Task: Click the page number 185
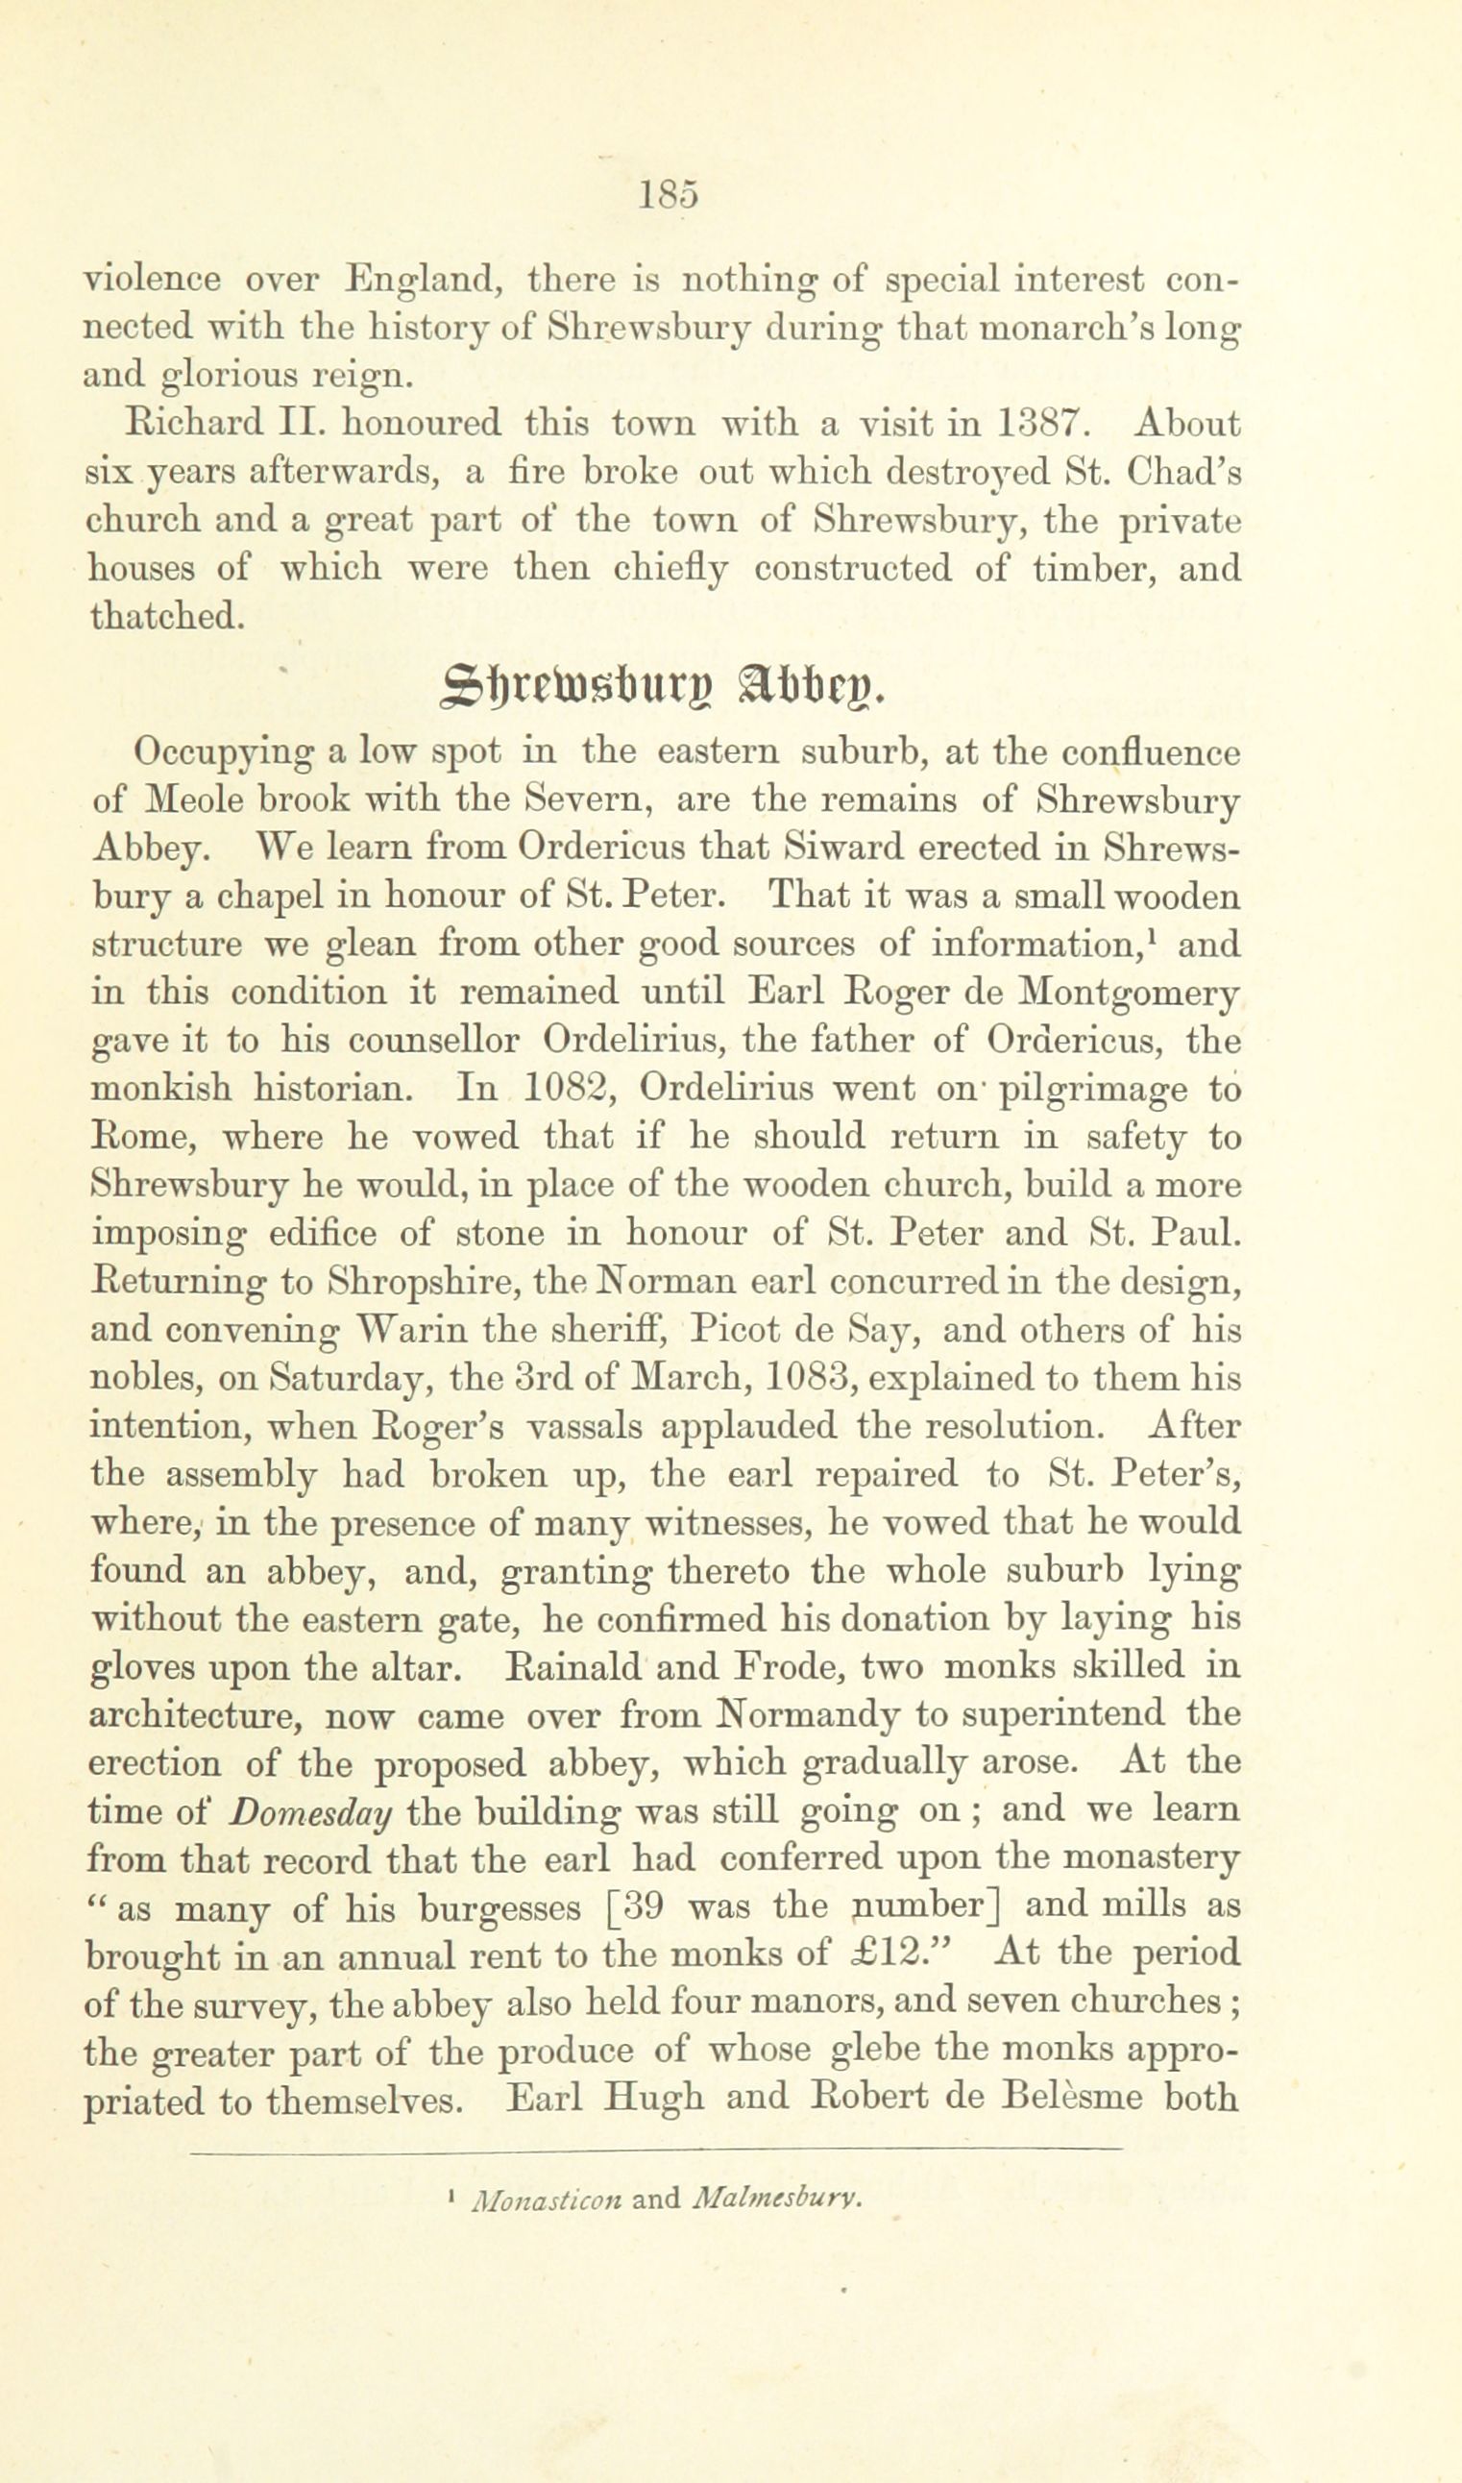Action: pyautogui.click(x=668, y=194)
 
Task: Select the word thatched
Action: pyautogui.click(x=164, y=616)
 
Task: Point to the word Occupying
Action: pyautogui.click(x=223, y=753)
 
